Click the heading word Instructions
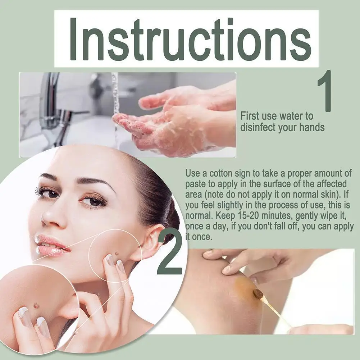pyautogui.click(x=186, y=38)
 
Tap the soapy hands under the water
pyautogui.click(x=169, y=122)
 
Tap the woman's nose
pyautogui.click(x=50, y=216)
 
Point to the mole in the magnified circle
pyautogui.click(x=36, y=305)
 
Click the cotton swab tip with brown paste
pyautogui.click(x=258, y=295)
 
